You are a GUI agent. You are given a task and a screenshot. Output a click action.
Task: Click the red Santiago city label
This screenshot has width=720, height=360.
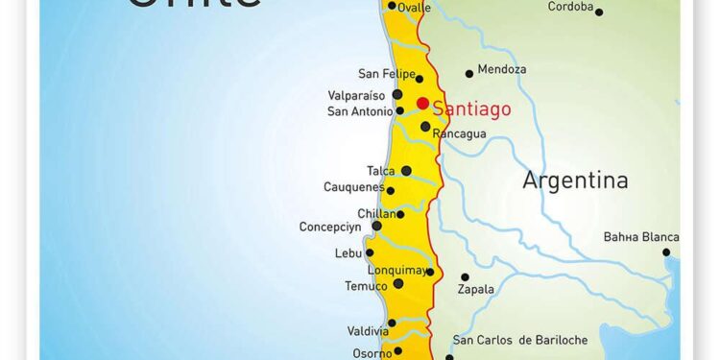(x=471, y=108)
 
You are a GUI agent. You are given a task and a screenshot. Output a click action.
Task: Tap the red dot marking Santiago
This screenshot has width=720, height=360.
(x=422, y=103)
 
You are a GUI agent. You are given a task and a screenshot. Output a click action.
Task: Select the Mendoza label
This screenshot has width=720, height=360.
(x=502, y=69)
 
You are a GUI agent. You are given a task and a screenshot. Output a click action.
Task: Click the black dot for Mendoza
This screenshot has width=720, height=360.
(x=469, y=73)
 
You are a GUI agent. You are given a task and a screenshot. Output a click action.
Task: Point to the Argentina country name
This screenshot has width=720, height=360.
(x=575, y=180)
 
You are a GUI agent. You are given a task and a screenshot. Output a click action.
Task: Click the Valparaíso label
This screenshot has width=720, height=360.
(x=356, y=95)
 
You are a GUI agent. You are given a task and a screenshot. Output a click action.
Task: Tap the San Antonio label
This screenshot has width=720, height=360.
(x=359, y=111)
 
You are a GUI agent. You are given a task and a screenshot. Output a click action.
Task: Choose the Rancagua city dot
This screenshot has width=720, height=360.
(x=425, y=126)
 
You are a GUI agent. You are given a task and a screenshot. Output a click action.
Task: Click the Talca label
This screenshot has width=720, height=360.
(x=381, y=171)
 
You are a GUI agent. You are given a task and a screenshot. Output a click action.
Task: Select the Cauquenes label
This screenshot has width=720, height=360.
(x=354, y=187)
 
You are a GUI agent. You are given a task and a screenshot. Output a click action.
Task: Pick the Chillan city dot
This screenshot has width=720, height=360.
(x=400, y=214)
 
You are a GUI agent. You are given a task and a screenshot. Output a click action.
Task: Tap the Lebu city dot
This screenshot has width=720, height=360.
(x=370, y=252)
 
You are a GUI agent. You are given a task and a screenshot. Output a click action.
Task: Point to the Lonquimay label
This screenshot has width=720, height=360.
(x=396, y=271)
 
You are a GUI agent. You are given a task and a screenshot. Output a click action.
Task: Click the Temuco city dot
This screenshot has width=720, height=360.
(x=398, y=283)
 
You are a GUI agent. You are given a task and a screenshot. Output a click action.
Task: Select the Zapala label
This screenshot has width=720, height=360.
(x=476, y=289)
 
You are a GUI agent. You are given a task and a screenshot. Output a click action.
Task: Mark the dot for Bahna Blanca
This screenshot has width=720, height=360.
(x=666, y=252)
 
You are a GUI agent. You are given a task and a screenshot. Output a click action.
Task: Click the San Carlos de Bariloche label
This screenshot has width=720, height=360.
(x=518, y=340)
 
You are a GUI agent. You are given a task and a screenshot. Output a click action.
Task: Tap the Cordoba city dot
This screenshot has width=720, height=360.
(x=599, y=12)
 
